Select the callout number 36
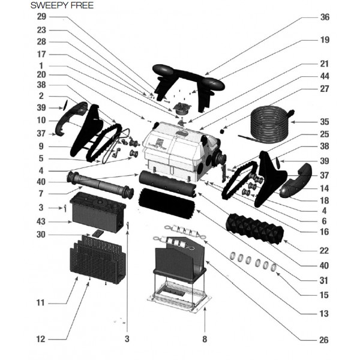click(x=325, y=17)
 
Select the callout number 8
click(x=204, y=339)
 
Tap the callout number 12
click(x=41, y=339)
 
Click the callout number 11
click(x=41, y=304)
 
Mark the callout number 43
click(x=41, y=222)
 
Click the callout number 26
click(x=325, y=340)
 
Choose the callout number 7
click(x=41, y=193)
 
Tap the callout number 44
click(x=325, y=76)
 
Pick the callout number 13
click(x=325, y=313)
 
